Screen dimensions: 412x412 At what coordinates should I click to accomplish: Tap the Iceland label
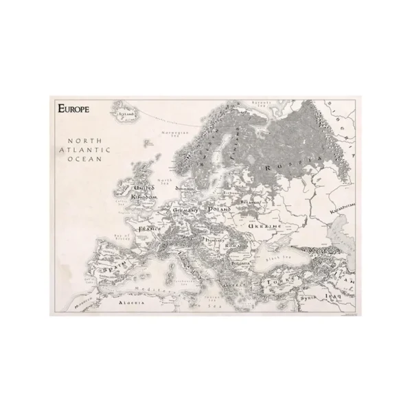126,115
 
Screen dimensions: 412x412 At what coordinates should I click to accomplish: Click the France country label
150,227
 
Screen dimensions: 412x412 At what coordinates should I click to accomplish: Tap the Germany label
185,209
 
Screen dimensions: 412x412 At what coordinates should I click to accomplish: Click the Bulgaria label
240,262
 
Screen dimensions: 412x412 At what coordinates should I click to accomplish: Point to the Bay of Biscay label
123,236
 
